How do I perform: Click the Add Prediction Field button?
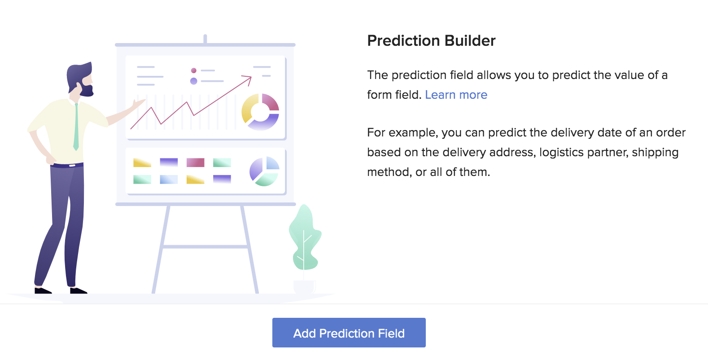click(x=349, y=333)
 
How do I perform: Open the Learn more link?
click(x=456, y=95)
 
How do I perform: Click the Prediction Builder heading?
click(x=431, y=40)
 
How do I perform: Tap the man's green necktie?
click(x=76, y=127)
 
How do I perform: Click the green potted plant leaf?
click(x=305, y=238)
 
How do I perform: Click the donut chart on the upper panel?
click(x=260, y=112)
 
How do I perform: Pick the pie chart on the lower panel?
click(x=264, y=171)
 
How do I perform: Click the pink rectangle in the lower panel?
click(x=195, y=162)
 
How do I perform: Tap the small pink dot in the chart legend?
click(x=194, y=70)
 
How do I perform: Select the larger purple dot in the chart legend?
click(x=194, y=81)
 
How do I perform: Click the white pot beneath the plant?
click(x=304, y=287)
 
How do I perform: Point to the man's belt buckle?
click(x=72, y=166)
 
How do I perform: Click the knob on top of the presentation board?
click(x=205, y=39)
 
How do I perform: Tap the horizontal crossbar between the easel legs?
click(x=205, y=246)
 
